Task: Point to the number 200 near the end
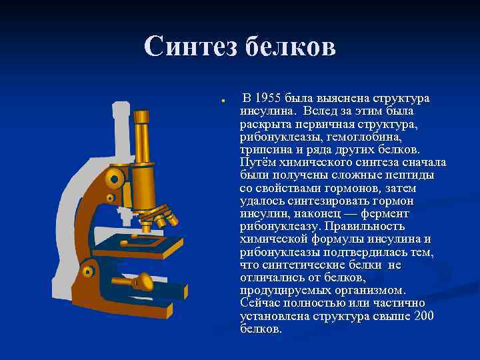coord(424,315)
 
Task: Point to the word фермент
coord(405,213)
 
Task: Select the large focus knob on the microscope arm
coord(115,177)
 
